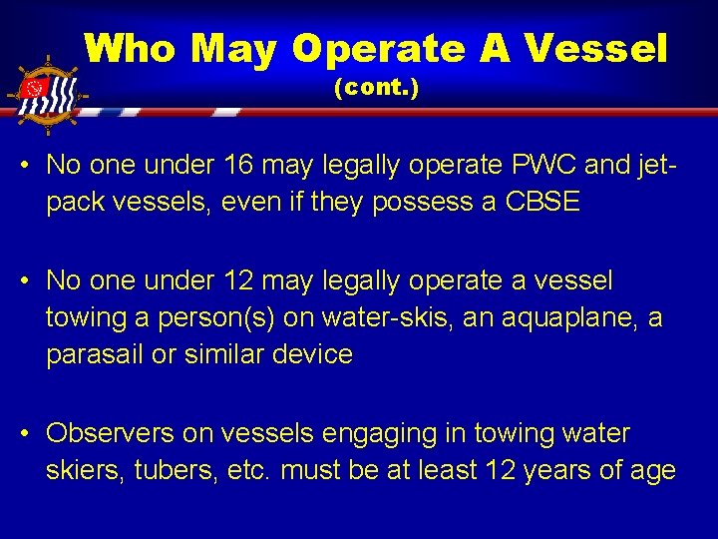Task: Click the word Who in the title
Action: (131, 48)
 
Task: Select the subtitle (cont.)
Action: (376, 88)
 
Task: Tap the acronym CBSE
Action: (540, 202)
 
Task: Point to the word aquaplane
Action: (563, 318)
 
